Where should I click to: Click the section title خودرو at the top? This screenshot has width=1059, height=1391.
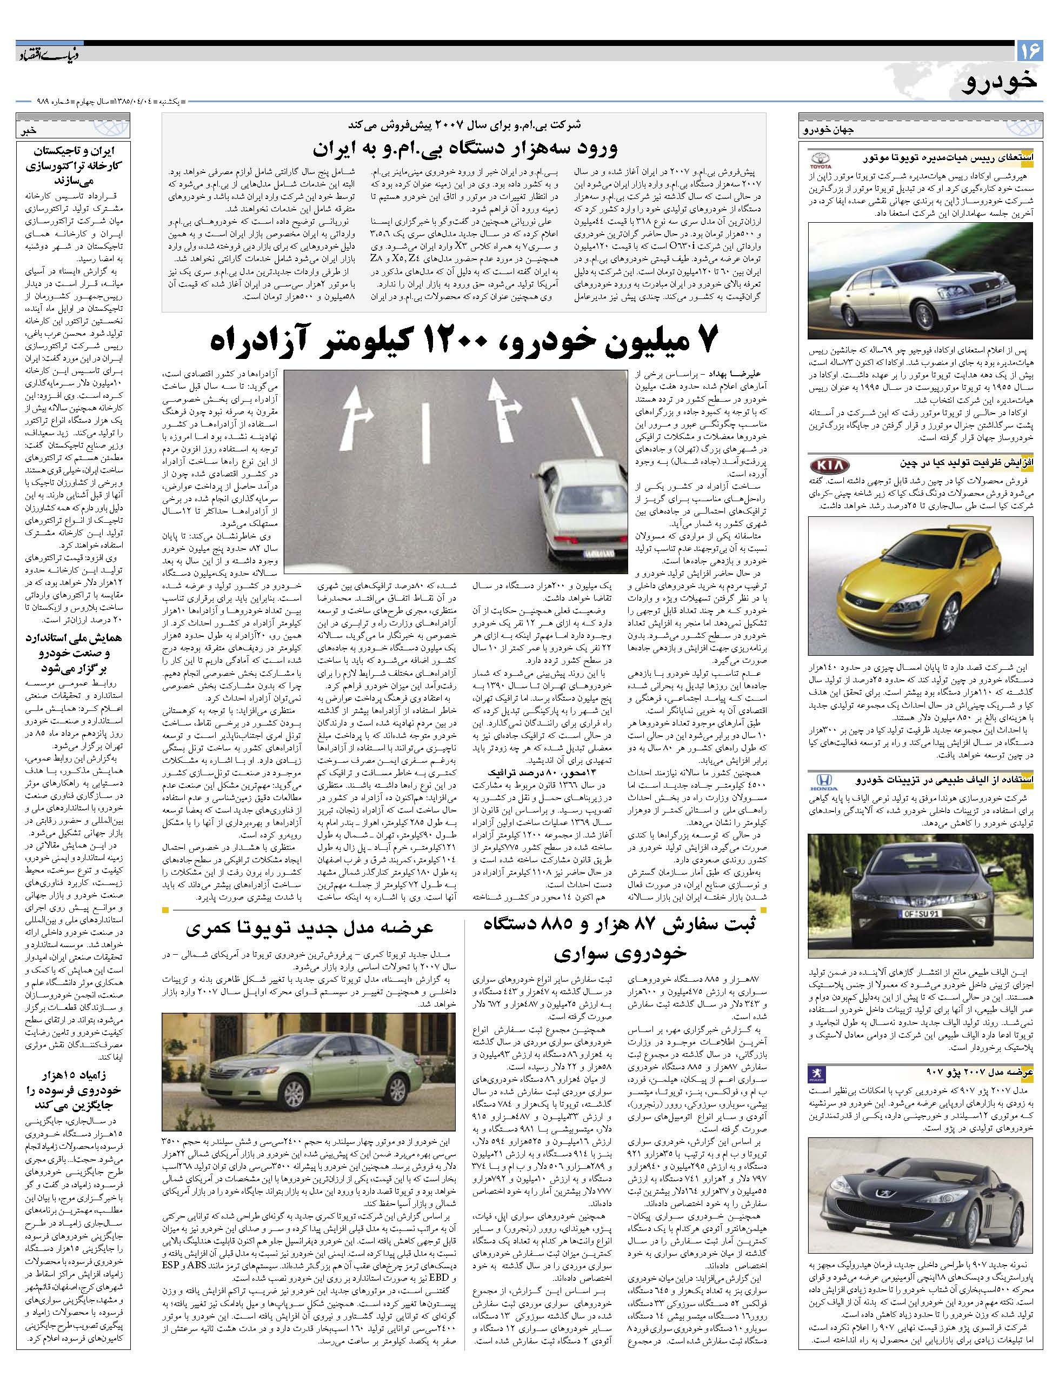click(1000, 82)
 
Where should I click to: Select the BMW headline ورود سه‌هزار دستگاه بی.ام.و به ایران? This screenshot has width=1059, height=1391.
click(464, 149)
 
